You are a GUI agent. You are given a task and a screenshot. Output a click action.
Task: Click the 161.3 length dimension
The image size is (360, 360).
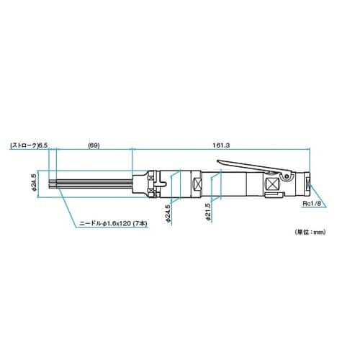pyautogui.click(x=221, y=145)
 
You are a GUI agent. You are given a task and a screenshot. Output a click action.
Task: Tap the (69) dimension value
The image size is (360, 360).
pyautogui.click(x=94, y=145)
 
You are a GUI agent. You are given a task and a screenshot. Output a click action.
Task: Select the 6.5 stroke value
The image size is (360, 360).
pyautogui.click(x=43, y=145)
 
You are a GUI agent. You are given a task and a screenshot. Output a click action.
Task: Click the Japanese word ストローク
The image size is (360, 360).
pyautogui.click(x=24, y=145)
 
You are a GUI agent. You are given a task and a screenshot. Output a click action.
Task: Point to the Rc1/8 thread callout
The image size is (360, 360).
pyautogui.click(x=312, y=203)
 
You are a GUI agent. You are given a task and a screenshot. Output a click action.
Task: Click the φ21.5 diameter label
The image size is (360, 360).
pyautogui.click(x=208, y=212)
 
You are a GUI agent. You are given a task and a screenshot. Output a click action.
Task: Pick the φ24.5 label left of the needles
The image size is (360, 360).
pyautogui.click(x=34, y=182)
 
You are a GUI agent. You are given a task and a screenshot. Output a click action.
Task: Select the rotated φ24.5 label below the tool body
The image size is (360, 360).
pyautogui.click(x=168, y=212)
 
